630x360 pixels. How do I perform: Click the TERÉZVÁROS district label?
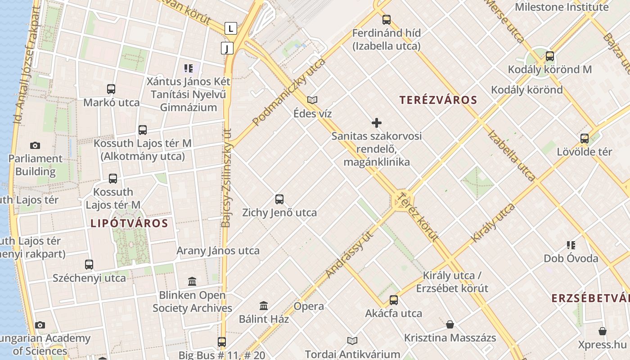pos(438,100)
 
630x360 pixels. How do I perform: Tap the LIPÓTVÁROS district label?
pos(129,223)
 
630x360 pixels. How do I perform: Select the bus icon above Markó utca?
pos(111,89)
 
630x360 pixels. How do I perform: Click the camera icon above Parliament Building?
pos(35,145)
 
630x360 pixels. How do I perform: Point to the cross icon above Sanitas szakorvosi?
pos(377,122)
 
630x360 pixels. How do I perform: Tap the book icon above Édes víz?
pos(312,100)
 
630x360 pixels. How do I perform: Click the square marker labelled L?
pos(231,29)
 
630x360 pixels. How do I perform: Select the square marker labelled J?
pos(227,48)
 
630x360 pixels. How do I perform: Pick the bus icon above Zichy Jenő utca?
pos(279,199)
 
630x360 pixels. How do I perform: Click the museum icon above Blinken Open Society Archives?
pos(192,282)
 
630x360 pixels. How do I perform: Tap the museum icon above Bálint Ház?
pos(264,306)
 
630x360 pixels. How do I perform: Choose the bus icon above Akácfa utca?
pos(394,300)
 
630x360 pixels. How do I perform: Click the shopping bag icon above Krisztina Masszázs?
pos(450,324)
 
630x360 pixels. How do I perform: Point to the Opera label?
pos(309,306)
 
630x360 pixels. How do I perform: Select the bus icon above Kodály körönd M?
pos(549,56)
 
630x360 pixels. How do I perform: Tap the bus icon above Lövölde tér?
pos(584,139)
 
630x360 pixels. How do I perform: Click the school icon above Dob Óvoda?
pos(571,245)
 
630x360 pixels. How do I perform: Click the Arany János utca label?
pos(218,251)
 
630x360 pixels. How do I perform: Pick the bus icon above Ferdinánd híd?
pos(386,20)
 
